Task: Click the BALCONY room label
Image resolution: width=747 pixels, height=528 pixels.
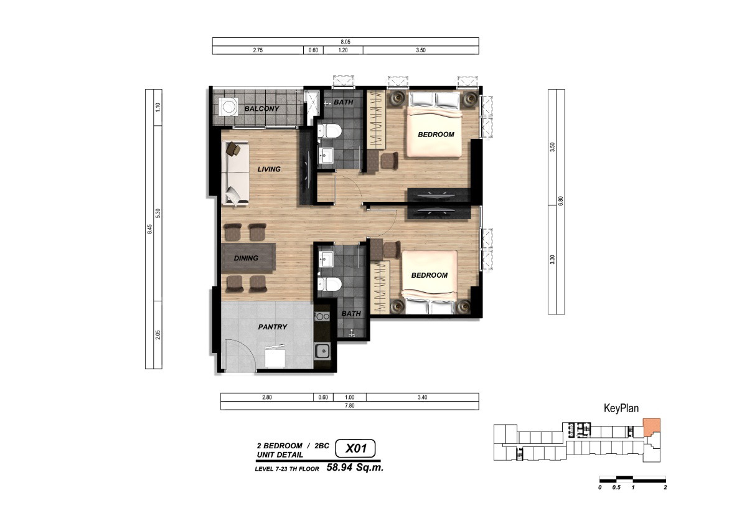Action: (x=262, y=109)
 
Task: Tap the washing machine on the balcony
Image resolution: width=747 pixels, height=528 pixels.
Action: (x=228, y=106)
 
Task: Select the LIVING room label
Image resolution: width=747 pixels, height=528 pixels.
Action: (x=269, y=169)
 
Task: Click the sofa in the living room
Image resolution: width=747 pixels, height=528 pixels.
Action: (x=235, y=173)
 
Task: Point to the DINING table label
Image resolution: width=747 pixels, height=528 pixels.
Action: (x=246, y=258)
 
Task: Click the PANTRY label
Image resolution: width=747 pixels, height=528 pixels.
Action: (x=273, y=327)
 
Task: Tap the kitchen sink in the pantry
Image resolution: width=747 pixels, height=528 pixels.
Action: (x=322, y=351)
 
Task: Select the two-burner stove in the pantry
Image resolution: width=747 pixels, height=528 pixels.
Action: (x=322, y=316)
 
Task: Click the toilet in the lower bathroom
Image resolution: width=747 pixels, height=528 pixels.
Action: (x=329, y=284)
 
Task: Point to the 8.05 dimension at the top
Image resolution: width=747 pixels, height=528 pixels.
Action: (x=345, y=42)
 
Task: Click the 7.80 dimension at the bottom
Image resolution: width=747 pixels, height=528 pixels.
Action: (x=349, y=405)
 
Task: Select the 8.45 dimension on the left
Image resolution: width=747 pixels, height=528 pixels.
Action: (x=150, y=229)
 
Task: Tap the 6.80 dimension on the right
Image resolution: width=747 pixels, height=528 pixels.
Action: (x=561, y=200)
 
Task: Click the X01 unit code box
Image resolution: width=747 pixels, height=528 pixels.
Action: (x=355, y=448)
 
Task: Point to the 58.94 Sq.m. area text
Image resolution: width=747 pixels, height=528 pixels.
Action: (x=355, y=468)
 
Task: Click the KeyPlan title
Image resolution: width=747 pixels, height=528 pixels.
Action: (x=621, y=408)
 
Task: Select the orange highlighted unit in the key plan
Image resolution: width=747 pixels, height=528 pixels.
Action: (x=651, y=427)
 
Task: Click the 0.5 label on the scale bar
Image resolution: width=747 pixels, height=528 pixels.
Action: (x=616, y=488)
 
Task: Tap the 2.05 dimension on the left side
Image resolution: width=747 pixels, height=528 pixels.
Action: (x=158, y=335)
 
